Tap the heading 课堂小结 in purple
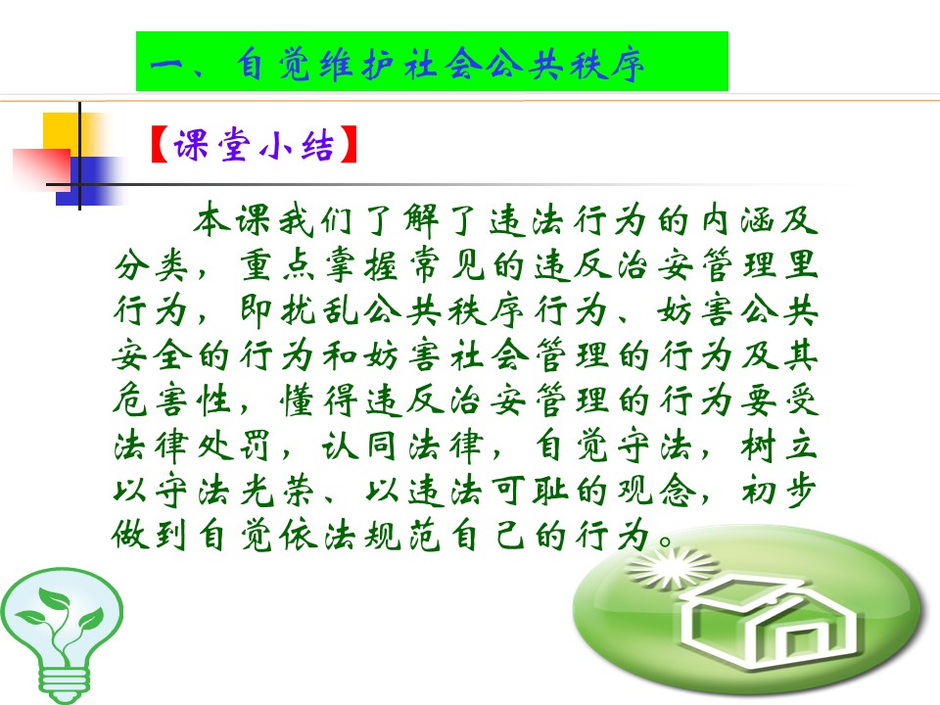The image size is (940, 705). [x=254, y=145]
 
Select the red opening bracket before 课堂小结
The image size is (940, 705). [x=159, y=145]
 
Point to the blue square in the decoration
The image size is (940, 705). [x=90, y=181]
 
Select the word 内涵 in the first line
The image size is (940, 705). [x=738, y=219]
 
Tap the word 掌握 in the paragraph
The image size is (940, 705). [x=361, y=264]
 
